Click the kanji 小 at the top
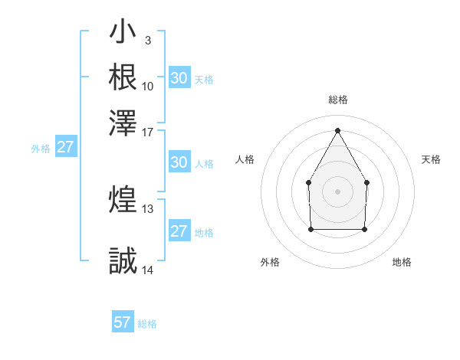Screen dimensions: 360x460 123,34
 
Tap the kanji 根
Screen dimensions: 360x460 123,77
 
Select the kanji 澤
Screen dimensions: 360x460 123,121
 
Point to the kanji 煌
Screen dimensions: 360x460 123,200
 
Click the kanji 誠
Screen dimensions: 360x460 123,261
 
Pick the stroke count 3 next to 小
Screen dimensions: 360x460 147,41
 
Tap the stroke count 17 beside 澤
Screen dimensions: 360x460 148,131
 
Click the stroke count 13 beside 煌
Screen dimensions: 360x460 148,208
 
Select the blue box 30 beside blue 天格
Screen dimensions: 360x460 179,77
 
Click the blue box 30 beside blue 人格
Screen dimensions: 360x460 179,162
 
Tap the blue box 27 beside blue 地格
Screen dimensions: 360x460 179,231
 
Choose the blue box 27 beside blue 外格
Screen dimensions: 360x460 65,147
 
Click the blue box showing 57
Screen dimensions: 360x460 123,322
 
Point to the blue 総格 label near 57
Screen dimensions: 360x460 147,324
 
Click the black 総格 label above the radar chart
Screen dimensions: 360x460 338,100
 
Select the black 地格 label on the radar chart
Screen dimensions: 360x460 402,262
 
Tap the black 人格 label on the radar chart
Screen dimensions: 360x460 245,159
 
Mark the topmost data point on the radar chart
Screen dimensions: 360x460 337,129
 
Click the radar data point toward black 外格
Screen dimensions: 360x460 310,228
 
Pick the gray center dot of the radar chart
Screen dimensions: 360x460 337,191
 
